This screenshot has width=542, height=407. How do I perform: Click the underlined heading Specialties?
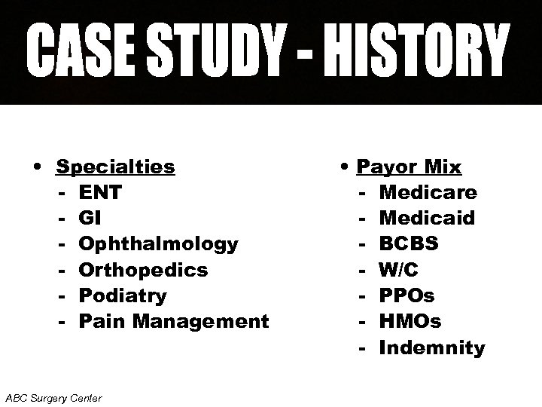pyautogui.click(x=116, y=166)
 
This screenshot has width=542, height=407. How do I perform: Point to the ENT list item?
pyautogui.click(x=99, y=192)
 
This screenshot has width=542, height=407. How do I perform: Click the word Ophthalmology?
pyautogui.click(x=158, y=244)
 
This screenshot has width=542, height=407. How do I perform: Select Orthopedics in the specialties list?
pyautogui.click(x=143, y=270)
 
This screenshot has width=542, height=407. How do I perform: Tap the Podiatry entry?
pyautogui.click(x=123, y=295)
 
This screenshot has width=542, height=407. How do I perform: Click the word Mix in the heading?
pyautogui.click(x=443, y=166)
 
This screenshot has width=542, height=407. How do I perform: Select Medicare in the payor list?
pyautogui.click(x=428, y=192)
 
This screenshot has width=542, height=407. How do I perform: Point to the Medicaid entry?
pyautogui.click(x=427, y=218)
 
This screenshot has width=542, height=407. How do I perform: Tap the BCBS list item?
pyautogui.click(x=409, y=244)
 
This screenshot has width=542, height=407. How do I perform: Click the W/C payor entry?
pyautogui.click(x=399, y=270)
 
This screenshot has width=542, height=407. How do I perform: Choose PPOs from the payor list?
pyautogui.click(x=407, y=295)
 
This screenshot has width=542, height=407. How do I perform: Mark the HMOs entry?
pyautogui.click(x=410, y=321)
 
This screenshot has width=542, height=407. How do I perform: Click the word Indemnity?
pyautogui.click(x=432, y=347)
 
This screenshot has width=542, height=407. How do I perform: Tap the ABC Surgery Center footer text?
pyautogui.click(x=53, y=396)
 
